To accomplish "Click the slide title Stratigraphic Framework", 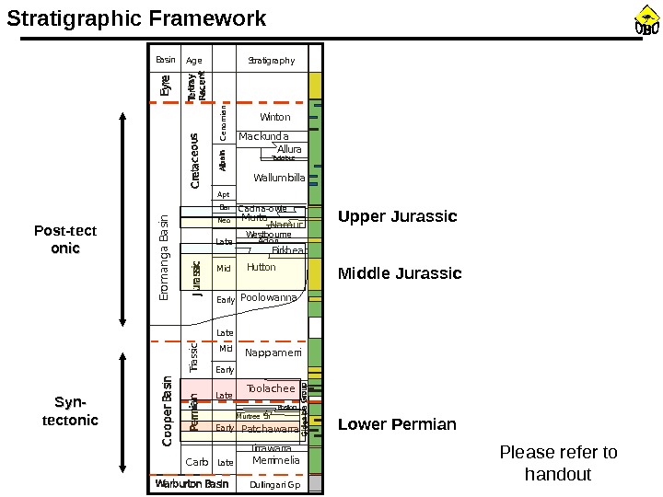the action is (x=137, y=18).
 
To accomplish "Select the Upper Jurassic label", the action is (x=398, y=217).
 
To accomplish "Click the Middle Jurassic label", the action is (x=400, y=273).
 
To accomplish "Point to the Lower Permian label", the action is (x=397, y=424).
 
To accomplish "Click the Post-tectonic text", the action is (x=65, y=239).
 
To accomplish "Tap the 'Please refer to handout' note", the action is (x=558, y=463).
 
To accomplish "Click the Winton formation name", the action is (x=274, y=118).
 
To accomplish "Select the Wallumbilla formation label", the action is (x=279, y=178).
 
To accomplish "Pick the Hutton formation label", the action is (x=262, y=268).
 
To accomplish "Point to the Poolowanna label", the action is (x=269, y=298).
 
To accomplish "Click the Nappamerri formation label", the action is (x=273, y=353).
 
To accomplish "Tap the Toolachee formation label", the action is (x=271, y=389).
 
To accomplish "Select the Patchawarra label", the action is (x=270, y=429).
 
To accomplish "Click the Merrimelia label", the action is (x=275, y=460).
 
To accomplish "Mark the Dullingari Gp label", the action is (x=275, y=485).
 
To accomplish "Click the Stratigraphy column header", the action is (x=272, y=61).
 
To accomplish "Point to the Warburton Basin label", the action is (x=192, y=484).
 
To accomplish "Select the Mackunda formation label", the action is (x=263, y=137).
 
